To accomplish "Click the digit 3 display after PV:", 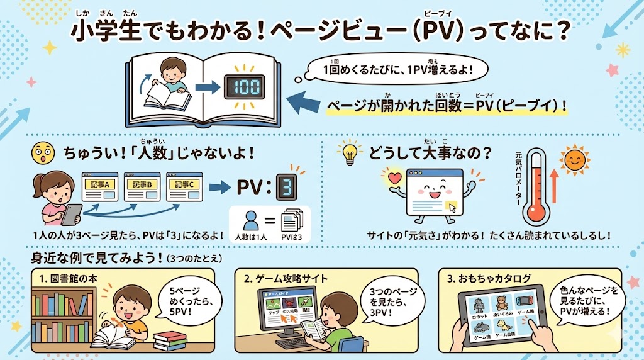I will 287,187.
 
